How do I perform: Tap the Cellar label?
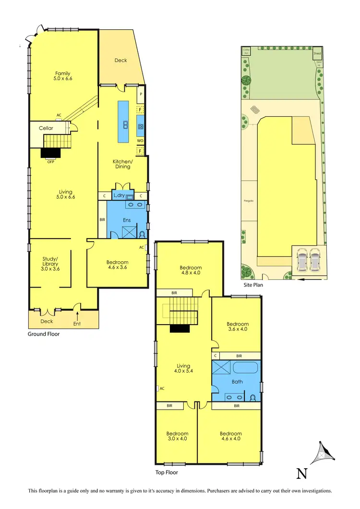(x=46, y=128)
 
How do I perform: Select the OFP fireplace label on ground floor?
(x=51, y=162)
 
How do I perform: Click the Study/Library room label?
(x=50, y=264)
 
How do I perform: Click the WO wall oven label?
(x=140, y=141)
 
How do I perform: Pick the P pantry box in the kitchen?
(x=141, y=94)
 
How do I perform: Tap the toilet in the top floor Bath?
(x=252, y=397)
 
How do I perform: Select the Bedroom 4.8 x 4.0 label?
(x=191, y=270)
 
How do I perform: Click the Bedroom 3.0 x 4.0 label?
(x=177, y=436)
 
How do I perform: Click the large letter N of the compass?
(x=301, y=473)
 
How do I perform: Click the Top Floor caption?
(x=166, y=473)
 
